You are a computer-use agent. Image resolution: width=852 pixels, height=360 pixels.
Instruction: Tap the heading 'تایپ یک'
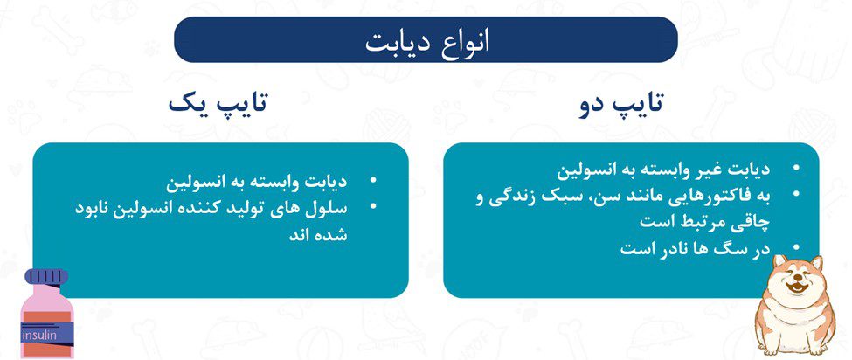point(218,103)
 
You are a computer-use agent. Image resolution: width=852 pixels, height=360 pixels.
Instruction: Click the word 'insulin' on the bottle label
point(38,335)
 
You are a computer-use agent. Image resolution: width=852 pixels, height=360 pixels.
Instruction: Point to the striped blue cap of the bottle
point(46,276)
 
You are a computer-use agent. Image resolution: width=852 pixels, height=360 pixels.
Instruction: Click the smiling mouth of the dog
point(797,286)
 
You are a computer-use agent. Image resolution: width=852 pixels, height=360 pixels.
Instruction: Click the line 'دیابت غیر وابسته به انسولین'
point(663,170)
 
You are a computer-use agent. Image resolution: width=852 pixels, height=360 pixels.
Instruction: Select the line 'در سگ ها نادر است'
point(696,249)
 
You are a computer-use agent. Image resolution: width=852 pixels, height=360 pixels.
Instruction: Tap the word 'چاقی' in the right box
point(752,222)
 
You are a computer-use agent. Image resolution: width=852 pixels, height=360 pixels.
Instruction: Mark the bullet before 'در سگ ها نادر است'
point(796,246)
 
